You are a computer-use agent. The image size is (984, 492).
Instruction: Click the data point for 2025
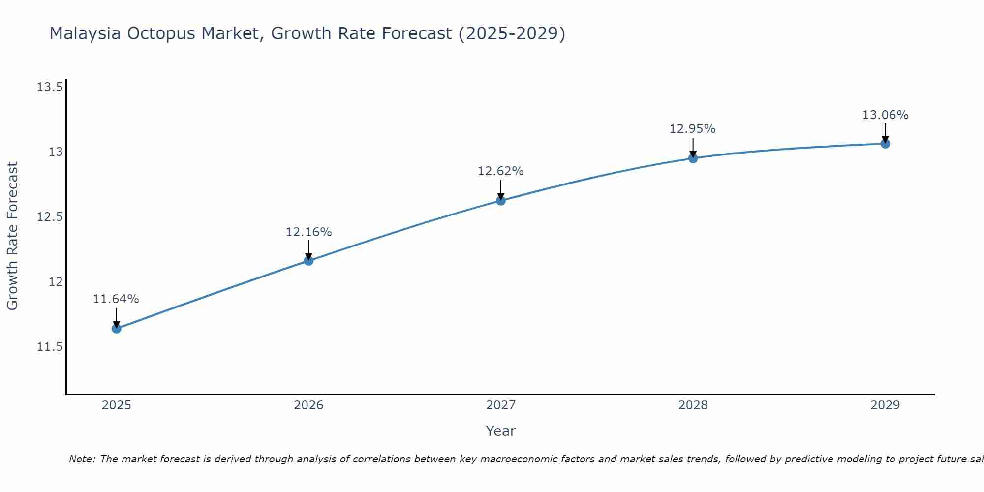(x=117, y=329)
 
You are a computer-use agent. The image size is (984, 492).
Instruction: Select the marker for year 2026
(x=308, y=261)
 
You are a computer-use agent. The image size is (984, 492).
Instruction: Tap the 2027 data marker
(x=501, y=201)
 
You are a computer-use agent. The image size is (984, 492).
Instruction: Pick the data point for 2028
(x=693, y=158)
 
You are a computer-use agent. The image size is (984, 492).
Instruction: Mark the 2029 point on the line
(x=885, y=144)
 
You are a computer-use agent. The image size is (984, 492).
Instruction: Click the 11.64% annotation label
(x=116, y=299)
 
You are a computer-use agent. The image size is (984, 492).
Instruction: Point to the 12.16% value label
(x=308, y=232)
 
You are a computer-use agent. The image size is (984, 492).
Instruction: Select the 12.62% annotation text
(x=501, y=171)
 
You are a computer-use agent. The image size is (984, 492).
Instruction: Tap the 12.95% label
(x=693, y=129)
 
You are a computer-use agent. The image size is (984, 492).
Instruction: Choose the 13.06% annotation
(x=885, y=115)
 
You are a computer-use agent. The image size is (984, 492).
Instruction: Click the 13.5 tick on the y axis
(x=50, y=88)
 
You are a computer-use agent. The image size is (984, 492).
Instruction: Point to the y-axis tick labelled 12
(x=56, y=282)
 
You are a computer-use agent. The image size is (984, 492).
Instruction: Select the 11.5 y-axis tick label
(x=50, y=347)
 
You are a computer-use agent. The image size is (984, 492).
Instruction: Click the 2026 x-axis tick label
(x=308, y=405)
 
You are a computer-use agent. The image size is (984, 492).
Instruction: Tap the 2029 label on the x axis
(x=885, y=405)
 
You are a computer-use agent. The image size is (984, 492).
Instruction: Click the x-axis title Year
(x=500, y=431)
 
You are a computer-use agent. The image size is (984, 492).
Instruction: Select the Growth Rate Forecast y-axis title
(x=13, y=236)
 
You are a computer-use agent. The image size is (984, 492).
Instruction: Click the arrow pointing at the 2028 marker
(x=693, y=147)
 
